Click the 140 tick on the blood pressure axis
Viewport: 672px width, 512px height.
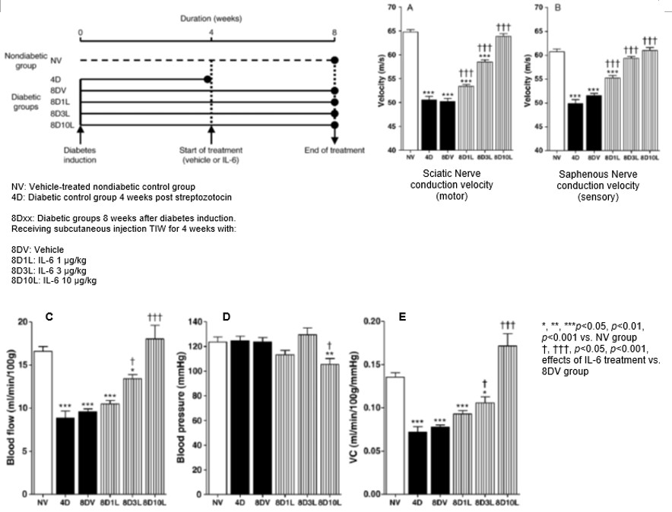coord(195,322)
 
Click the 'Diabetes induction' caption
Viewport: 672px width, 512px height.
coord(81,155)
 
